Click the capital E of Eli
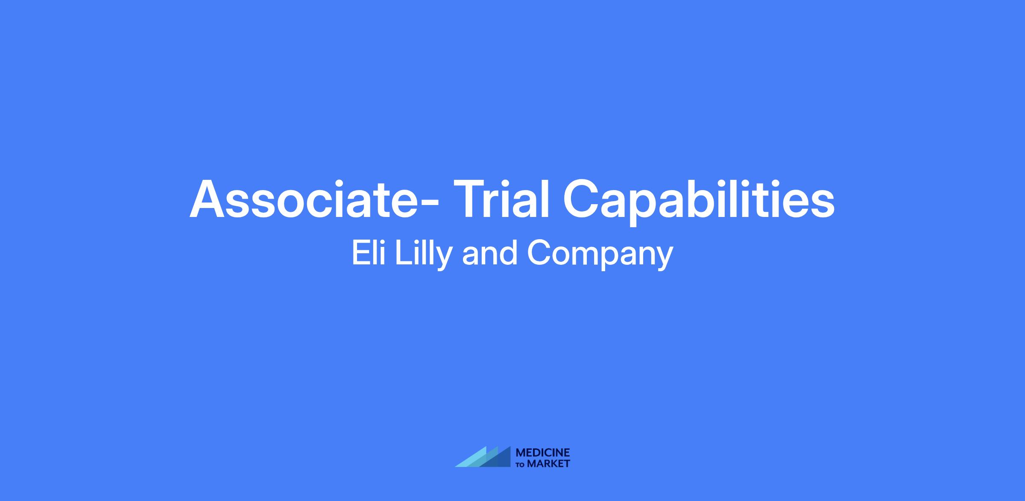coord(360,253)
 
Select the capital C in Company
coord(539,253)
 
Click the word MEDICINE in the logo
coord(543,452)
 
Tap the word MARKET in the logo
coord(549,463)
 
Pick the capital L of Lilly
coord(403,253)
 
